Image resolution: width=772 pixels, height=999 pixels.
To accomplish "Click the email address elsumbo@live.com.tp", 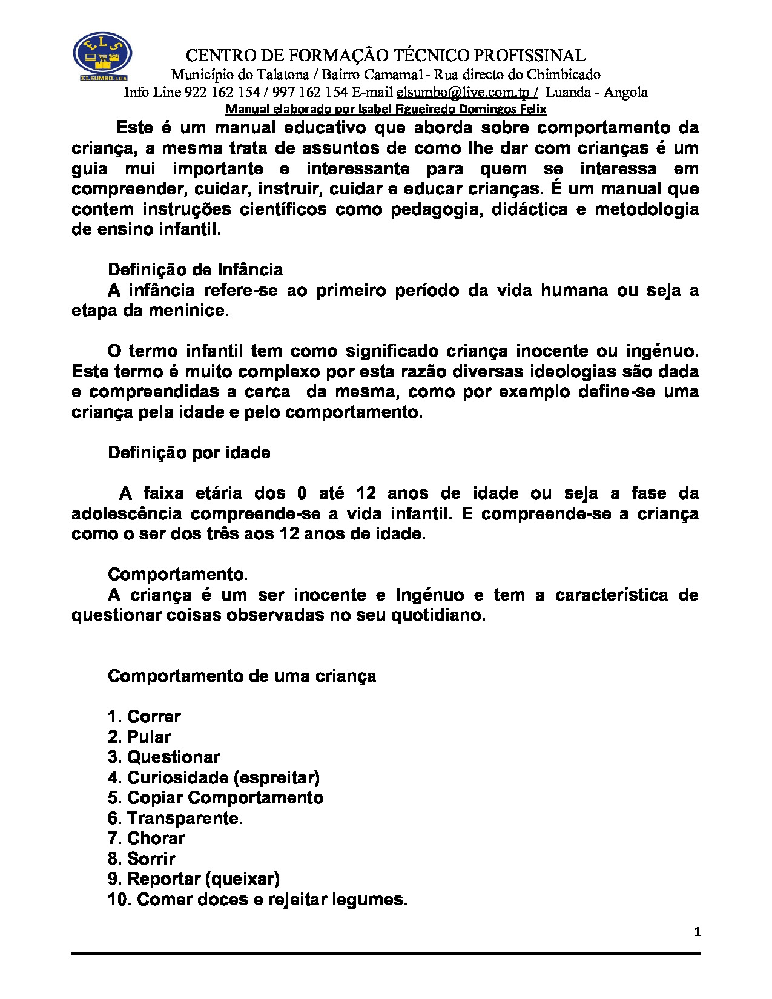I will click(467, 92).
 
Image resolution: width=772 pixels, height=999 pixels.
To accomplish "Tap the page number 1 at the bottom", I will click(697, 932).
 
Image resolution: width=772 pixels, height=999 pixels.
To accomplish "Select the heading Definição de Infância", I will click(195, 269).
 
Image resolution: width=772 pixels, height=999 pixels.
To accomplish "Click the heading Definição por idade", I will click(189, 453).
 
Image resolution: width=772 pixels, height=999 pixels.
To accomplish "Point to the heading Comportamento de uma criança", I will click(242, 676).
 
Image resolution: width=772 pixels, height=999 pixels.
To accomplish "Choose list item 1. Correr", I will click(144, 716).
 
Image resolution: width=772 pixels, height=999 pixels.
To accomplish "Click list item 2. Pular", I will click(139, 737).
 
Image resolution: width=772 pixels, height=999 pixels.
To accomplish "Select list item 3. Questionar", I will click(163, 757).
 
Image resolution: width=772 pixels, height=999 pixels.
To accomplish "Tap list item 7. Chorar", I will click(146, 838).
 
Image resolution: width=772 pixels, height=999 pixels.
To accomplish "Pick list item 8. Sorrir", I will click(141, 859).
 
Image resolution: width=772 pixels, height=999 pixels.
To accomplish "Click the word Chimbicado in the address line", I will click(563, 74).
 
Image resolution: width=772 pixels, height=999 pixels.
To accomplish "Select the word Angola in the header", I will click(625, 92).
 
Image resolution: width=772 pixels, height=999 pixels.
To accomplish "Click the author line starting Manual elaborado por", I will click(386, 109).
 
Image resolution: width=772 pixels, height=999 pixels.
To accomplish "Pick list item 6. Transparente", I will click(175, 818).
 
